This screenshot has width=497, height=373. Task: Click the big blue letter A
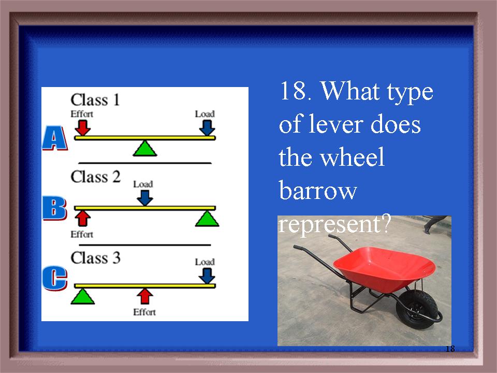pos(54,138)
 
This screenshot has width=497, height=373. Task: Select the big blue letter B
pos(54,208)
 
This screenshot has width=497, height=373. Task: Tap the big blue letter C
pos(54,278)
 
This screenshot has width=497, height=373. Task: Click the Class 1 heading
pos(95,100)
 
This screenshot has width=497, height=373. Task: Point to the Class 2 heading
pos(95,177)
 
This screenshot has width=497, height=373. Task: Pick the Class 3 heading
pos(95,257)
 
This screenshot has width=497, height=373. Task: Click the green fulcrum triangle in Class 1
pos(145,148)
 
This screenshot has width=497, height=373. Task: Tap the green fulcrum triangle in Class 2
pos(207,219)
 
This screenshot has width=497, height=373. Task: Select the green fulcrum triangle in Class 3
pos(82,296)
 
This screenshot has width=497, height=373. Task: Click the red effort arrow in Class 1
pos(83,127)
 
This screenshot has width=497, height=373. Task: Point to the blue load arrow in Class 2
pos(145,198)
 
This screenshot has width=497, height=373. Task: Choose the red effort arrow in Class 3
pos(145,296)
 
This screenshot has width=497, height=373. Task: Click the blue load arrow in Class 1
pos(207,127)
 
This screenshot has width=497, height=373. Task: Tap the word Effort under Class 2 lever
pos(82,234)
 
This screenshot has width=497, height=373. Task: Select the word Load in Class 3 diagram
pos(205,262)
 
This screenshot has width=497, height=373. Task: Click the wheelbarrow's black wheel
pos(416,310)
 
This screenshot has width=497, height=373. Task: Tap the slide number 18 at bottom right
pos(450,349)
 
